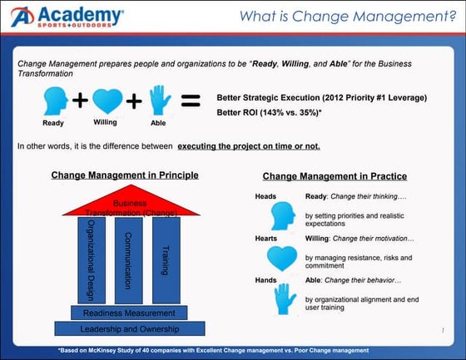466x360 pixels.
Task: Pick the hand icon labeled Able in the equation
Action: pos(159,101)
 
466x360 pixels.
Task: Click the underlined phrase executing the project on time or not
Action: pos(249,146)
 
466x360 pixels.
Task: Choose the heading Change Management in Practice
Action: pos(335,176)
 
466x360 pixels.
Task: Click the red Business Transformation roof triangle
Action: pos(131,205)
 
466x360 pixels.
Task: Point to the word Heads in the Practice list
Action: pos(265,197)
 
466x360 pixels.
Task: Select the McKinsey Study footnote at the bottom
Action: pos(232,349)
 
